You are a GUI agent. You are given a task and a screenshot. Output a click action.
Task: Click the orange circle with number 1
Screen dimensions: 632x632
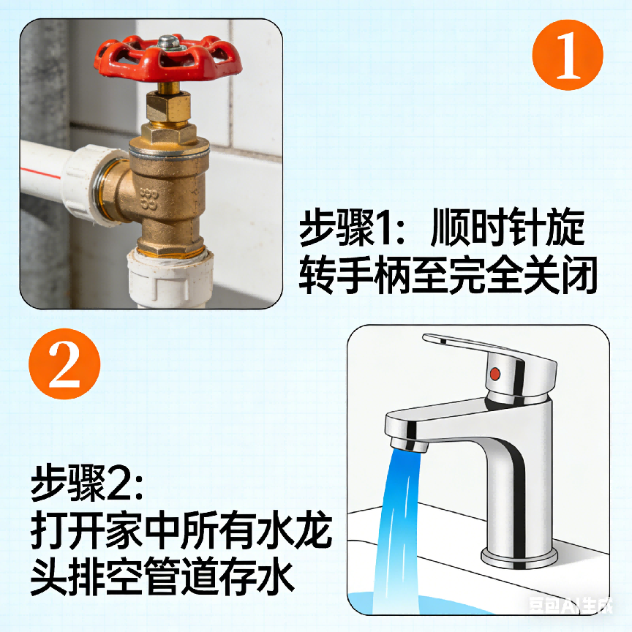click(568, 55)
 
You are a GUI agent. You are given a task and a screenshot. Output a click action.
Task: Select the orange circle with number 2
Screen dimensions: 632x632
click(64, 364)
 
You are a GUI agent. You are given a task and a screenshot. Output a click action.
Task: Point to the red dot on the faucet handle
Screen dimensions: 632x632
click(494, 374)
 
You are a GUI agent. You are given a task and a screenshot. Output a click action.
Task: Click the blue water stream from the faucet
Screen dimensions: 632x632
click(399, 527)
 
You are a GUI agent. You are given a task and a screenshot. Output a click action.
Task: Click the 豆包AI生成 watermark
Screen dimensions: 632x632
click(571, 605)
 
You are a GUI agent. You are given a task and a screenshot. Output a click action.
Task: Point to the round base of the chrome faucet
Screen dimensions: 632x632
click(516, 555)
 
